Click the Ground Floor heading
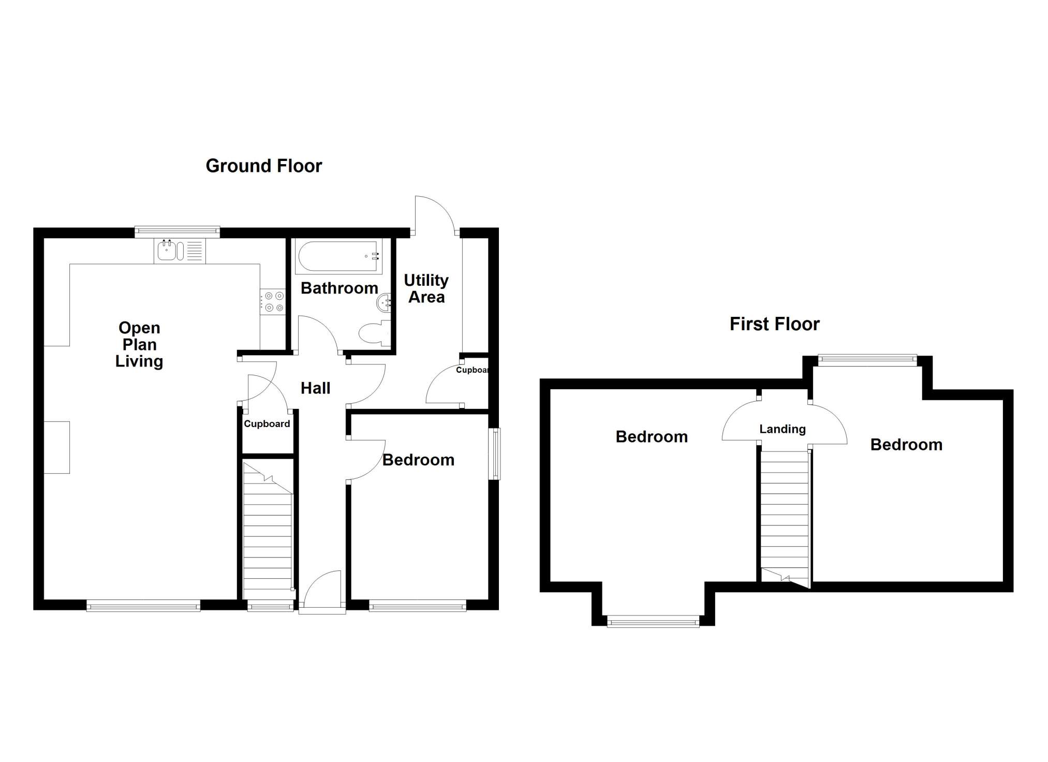click(x=264, y=166)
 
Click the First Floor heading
click(x=775, y=325)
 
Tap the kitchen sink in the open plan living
click(x=180, y=251)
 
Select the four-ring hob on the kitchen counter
click(x=273, y=301)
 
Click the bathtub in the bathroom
click(x=338, y=256)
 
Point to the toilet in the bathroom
click(x=375, y=333)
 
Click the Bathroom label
click(x=340, y=288)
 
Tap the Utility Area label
click(x=426, y=288)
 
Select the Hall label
click(x=316, y=388)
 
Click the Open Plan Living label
click(x=139, y=345)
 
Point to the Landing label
click(x=783, y=429)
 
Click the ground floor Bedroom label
click(x=419, y=460)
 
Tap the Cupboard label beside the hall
click(x=267, y=424)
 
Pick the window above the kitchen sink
click(x=178, y=232)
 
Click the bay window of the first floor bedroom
click(x=653, y=621)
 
